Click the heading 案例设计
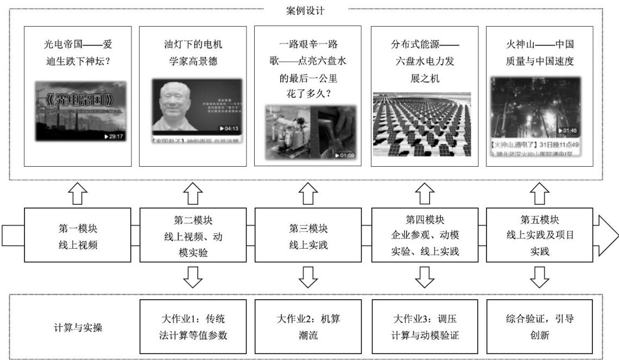click(305, 10)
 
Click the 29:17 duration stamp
click(116, 136)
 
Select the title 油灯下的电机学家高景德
click(193, 53)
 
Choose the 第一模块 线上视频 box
click(78, 237)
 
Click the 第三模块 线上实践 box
click(308, 237)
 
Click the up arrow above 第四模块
click(424, 192)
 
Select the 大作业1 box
click(193, 326)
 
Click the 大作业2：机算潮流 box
click(308, 326)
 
